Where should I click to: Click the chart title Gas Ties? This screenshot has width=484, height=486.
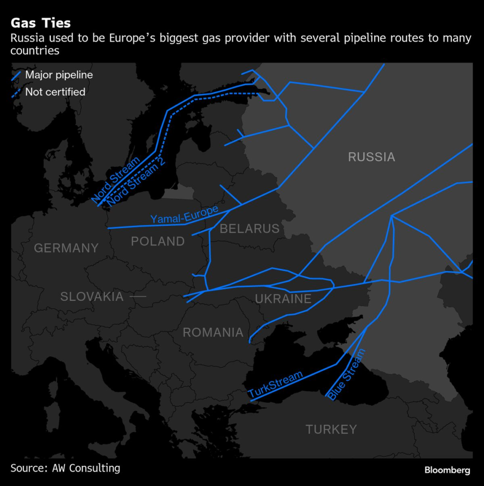click(x=41, y=23)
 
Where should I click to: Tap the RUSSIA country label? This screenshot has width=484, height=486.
click(x=372, y=157)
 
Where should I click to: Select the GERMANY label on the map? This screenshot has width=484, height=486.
click(x=66, y=248)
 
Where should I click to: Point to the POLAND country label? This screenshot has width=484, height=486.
click(x=158, y=242)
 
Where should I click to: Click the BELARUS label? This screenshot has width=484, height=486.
click(x=250, y=229)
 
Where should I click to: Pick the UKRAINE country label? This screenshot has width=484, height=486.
click(x=283, y=299)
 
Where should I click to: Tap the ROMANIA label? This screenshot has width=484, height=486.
click(x=213, y=333)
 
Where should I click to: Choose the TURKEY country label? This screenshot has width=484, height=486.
click(x=331, y=430)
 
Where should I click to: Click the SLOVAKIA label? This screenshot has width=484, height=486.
click(x=92, y=297)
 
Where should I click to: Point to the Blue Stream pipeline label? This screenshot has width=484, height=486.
click(x=347, y=374)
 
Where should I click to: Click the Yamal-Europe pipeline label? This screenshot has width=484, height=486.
click(x=184, y=215)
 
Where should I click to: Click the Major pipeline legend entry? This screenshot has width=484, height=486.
click(x=59, y=75)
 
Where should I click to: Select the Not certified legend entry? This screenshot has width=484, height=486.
click(x=55, y=92)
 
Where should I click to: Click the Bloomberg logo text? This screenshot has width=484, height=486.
click(x=447, y=470)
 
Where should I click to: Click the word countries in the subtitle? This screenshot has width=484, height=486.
click(x=35, y=51)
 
